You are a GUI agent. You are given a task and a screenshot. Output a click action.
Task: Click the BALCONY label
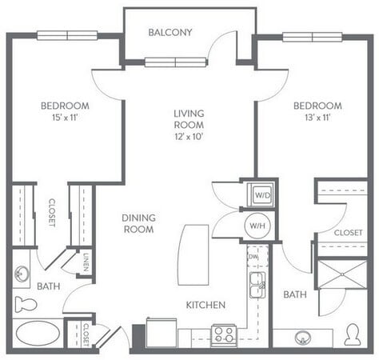pyautogui.click(x=170, y=33)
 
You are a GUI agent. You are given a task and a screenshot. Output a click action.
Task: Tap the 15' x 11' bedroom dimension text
pyautogui.click(x=66, y=118)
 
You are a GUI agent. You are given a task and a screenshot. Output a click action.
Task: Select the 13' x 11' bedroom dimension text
pyautogui.click(x=317, y=118)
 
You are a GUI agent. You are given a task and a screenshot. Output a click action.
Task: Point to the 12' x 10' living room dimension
pyautogui.click(x=189, y=138)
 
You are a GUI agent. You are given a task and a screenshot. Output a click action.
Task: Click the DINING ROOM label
pyautogui.click(x=138, y=223)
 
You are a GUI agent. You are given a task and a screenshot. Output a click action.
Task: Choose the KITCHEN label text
pyautogui.click(x=205, y=305)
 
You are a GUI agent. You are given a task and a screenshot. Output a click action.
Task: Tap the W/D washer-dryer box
pyautogui.click(x=260, y=194)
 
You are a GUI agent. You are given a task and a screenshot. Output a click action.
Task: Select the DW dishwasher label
pyautogui.click(x=253, y=257)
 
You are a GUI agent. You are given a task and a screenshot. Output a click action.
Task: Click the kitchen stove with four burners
pyautogui.click(x=224, y=334)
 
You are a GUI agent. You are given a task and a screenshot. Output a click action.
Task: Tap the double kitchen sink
pyautogui.click(x=257, y=285)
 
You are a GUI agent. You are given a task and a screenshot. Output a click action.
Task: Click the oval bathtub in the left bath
pyautogui.click(x=36, y=333)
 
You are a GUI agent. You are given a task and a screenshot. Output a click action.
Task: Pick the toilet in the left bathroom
pyautogui.click(x=26, y=304)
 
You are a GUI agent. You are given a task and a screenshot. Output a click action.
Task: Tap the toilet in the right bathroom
pyautogui.click(x=353, y=334)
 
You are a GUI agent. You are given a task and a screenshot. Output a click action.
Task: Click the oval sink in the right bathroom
pyautogui.click(x=303, y=337)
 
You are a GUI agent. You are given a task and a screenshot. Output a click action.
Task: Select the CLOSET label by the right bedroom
pyautogui.click(x=348, y=233)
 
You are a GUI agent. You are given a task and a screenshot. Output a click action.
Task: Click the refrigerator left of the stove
pyautogui.click(x=161, y=332)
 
